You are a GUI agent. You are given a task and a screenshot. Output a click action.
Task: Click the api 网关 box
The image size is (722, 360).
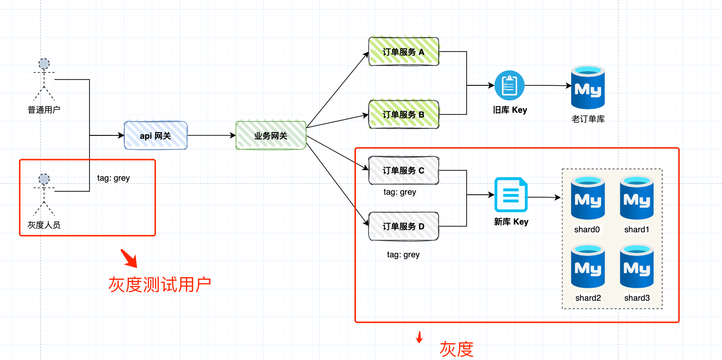tap(155, 135)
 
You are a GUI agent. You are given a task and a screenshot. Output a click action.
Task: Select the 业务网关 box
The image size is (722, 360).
tap(271, 135)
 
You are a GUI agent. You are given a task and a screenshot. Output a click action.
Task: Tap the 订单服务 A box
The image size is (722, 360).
tap(404, 52)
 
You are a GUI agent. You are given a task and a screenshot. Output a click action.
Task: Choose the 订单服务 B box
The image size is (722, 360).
tap(404, 114)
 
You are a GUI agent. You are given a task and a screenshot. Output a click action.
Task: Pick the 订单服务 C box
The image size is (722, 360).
tap(404, 170)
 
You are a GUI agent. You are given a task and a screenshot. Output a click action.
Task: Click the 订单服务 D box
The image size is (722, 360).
tap(404, 226)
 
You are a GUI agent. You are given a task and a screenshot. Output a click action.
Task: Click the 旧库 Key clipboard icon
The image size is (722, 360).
tap(509, 85)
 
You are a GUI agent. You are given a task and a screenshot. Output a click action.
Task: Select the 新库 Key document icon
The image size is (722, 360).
tap(511, 195)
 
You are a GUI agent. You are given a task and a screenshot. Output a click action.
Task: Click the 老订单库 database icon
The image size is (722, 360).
tap(588, 87)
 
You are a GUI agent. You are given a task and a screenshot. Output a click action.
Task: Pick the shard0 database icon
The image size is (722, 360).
tap(588, 198)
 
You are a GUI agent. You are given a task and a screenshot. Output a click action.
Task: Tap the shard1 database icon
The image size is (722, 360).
tap(637, 198)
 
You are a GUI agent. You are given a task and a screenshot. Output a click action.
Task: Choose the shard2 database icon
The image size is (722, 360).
tap(588, 267)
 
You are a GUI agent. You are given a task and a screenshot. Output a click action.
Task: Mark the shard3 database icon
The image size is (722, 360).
tap(637, 267)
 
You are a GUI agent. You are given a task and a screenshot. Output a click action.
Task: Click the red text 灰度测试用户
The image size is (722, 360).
tap(159, 284)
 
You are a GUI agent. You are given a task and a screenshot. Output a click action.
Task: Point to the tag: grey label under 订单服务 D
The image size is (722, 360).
tap(403, 254)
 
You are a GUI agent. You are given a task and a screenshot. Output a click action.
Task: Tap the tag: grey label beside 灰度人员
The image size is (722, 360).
tap(113, 178)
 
